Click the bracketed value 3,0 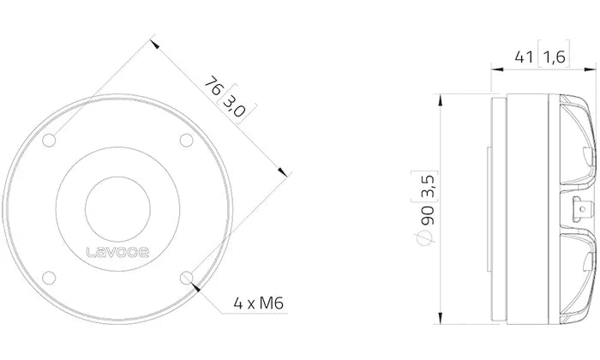[233, 108]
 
